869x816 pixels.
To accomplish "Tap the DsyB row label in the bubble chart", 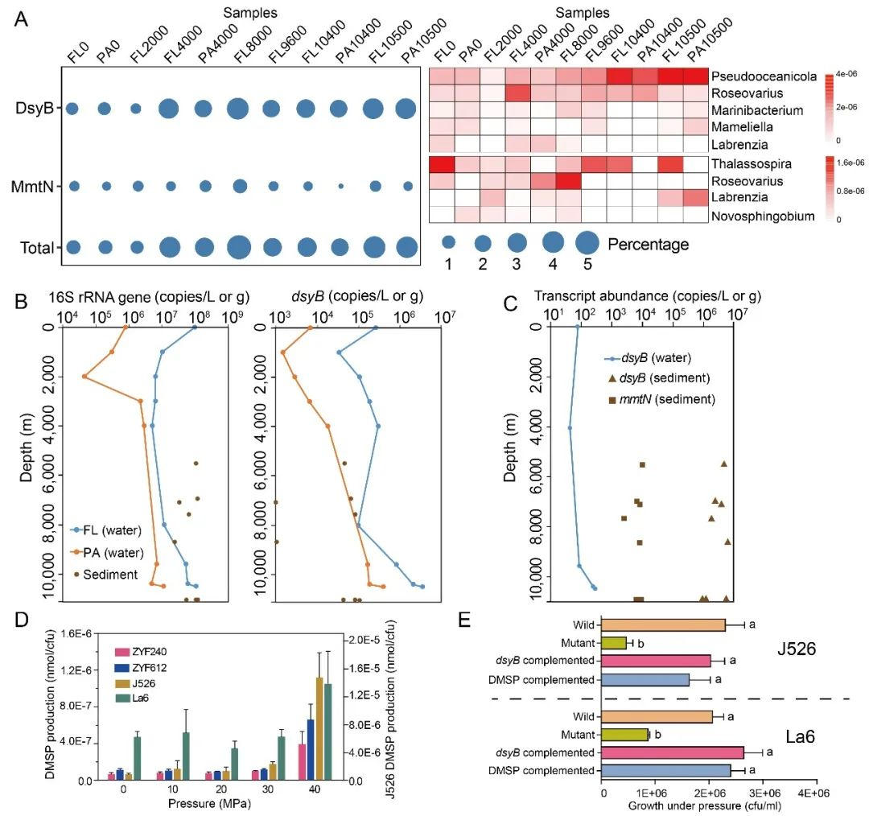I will tap(38, 109).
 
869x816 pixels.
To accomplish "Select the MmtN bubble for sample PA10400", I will tap(340, 186).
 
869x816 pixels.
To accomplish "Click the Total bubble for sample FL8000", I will tap(238, 247).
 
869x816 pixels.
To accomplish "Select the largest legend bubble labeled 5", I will tap(587, 241).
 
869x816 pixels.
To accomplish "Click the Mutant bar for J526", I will tap(614, 642).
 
